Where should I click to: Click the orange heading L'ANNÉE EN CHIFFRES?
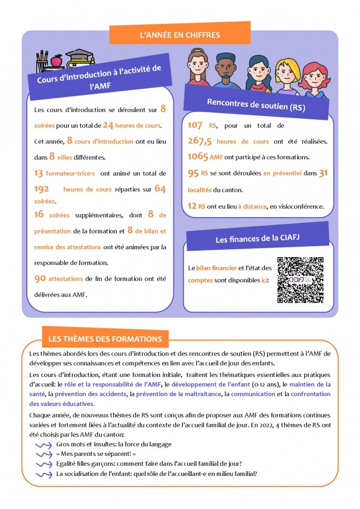(180, 35)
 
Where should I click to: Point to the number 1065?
(198, 157)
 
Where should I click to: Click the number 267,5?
(200, 141)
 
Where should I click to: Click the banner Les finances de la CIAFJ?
(257, 239)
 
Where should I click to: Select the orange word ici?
(264, 280)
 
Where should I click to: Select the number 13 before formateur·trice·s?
(38, 173)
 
